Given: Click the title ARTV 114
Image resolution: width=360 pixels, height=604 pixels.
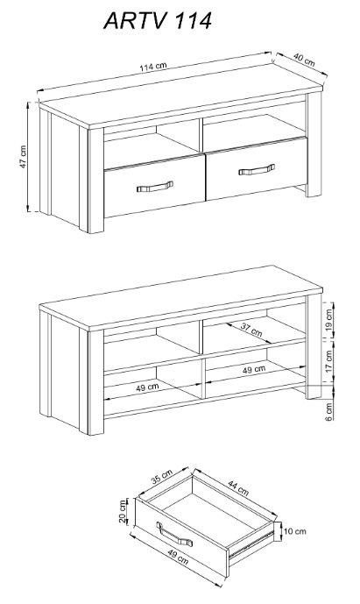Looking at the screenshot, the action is [x=158, y=21].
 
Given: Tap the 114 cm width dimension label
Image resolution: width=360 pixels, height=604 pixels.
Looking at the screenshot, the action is [x=153, y=67].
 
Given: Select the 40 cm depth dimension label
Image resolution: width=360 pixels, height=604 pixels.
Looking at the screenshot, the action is [x=304, y=60].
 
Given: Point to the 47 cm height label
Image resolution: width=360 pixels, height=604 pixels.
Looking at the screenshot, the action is [x=23, y=156].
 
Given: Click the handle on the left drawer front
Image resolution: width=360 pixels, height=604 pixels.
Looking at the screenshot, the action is [x=155, y=187].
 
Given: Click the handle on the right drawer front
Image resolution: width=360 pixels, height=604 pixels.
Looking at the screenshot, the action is [x=257, y=169].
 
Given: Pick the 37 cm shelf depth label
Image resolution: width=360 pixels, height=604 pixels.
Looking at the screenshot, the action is [x=251, y=330].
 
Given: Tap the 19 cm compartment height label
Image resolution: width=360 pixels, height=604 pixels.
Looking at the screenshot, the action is [x=328, y=319].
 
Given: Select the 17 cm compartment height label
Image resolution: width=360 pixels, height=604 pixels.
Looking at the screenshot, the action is [x=328, y=361].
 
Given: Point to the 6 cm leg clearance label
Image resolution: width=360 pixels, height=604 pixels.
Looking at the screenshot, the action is [x=328, y=412].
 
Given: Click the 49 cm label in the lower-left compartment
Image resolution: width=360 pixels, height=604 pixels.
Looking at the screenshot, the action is [x=147, y=387].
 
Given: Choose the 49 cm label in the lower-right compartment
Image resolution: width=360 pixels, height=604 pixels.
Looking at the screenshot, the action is [x=254, y=369].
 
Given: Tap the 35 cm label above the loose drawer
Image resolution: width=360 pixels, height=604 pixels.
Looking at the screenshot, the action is [x=161, y=477].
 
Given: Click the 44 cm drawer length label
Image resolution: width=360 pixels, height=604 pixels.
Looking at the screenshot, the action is [x=238, y=487].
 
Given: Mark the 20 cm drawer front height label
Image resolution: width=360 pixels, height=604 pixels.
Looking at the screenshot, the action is [x=123, y=512].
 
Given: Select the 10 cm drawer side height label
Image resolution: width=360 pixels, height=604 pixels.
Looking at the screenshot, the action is [x=295, y=531].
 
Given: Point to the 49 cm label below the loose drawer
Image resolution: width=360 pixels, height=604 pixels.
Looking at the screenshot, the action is [x=178, y=557].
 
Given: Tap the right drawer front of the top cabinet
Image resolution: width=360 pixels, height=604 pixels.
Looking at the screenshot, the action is [x=257, y=168].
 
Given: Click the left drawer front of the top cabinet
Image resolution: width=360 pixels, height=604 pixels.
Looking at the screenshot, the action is [x=154, y=186].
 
